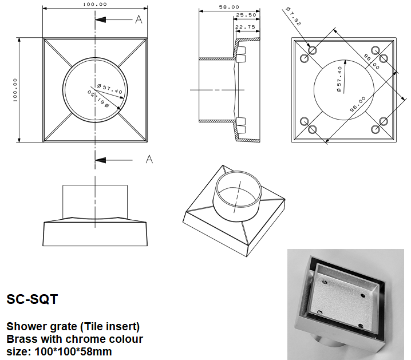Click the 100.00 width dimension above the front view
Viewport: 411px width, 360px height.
[95, 4]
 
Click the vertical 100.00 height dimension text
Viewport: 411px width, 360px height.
[15, 90]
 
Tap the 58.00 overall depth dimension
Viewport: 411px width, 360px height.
[229, 7]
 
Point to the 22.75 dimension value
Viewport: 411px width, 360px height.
[244, 26]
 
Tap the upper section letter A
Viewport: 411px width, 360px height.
[138, 20]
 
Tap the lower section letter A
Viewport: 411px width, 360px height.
[149, 159]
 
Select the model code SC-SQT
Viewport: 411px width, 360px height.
[31, 299]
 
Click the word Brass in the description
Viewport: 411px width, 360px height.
[20, 339]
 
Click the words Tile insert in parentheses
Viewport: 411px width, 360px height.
[111, 326]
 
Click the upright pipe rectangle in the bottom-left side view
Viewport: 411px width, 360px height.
[94, 200]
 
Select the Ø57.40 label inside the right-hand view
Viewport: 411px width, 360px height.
[340, 79]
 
